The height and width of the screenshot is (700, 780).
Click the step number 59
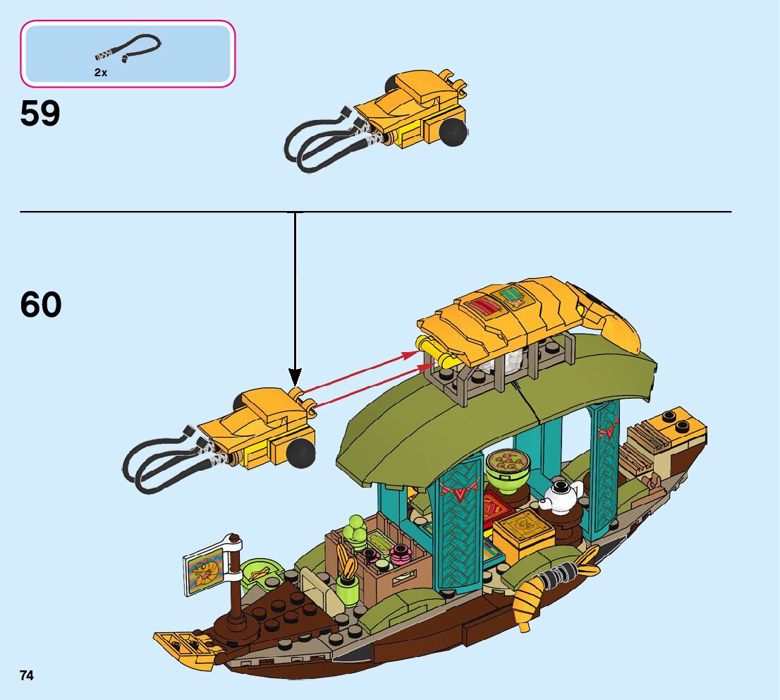pos(40,113)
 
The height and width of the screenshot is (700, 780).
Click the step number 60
pos(41,305)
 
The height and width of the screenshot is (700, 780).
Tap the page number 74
pos(27,675)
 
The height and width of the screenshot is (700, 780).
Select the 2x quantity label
pos(101,72)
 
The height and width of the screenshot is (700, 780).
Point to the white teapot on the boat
pos(561,495)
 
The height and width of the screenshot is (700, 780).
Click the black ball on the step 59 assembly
pos(453,131)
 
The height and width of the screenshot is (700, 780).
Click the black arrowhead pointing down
pos(295,378)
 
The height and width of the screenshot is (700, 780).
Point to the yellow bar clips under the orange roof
pos(435,354)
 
